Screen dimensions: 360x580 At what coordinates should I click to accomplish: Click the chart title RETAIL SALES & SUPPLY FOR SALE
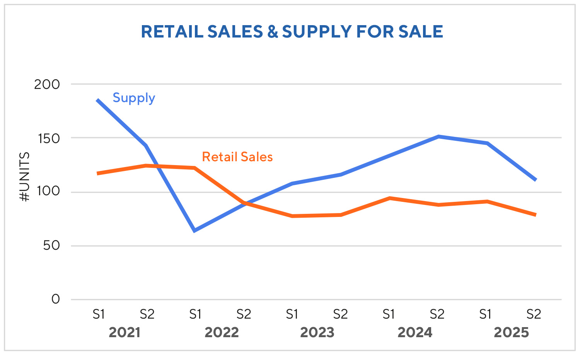(x=292, y=32)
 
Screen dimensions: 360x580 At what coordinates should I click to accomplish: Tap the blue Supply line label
(x=134, y=98)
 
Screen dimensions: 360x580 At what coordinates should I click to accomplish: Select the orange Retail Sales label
(x=237, y=157)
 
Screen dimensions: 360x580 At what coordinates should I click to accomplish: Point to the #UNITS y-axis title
(x=24, y=177)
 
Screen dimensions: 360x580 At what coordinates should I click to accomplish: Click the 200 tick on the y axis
(x=47, y=84)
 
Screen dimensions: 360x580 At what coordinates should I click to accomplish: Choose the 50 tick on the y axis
(x=51, y=246)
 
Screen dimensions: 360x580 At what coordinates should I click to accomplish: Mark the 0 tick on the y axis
(x=56, y=299)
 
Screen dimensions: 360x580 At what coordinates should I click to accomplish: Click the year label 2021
(x=124, y=333)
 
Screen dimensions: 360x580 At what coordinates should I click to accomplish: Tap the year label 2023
(x=317, y=333)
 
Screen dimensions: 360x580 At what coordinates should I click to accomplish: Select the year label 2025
(x=511, y=333)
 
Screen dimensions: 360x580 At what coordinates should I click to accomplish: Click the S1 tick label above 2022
(x=195, y=314)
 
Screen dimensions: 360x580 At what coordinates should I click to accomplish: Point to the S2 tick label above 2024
(x=437, y=314)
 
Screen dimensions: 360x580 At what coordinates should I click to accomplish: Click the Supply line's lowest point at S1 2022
(x=195, y=231)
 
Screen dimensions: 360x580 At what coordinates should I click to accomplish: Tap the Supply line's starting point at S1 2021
(x=98, y=101)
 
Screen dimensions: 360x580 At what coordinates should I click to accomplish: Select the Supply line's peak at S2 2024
(x=438, y=136)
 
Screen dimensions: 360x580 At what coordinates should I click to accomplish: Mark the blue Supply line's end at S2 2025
(x=535, y=179)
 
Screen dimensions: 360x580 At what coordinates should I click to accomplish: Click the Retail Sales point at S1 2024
(x=389, y=198)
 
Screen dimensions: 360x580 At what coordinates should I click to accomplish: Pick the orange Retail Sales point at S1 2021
(x=98, y=173)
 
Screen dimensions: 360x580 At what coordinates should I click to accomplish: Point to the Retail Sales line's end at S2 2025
(x=535, y=215)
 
